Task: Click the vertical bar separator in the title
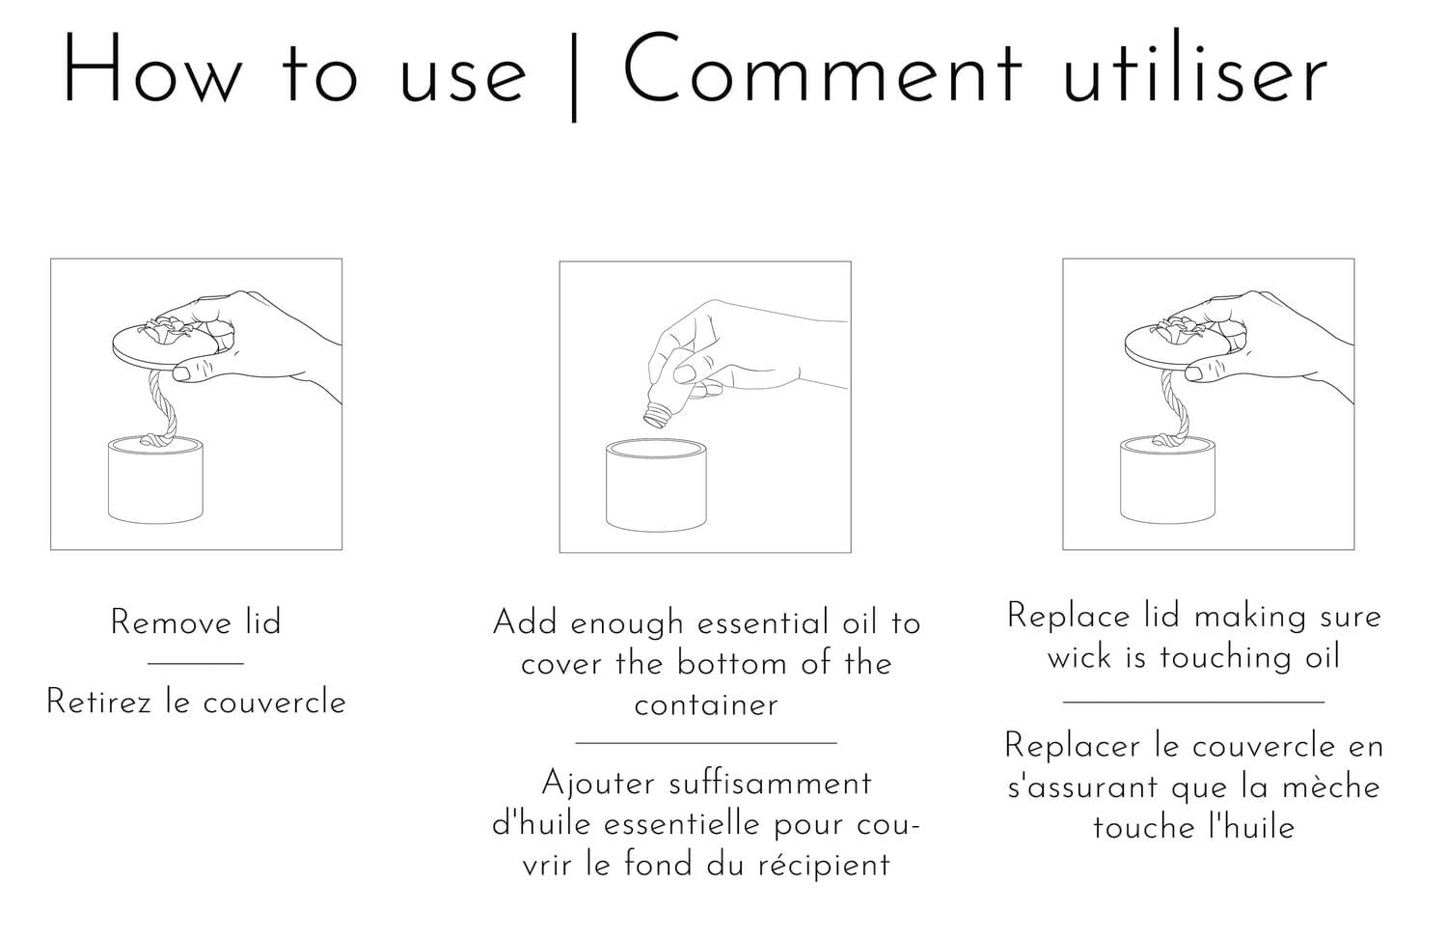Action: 575,75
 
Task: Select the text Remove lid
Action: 196,622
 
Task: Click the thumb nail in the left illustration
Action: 179,371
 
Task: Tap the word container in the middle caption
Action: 706,704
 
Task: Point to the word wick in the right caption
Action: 1079,657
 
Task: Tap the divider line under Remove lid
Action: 196,663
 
